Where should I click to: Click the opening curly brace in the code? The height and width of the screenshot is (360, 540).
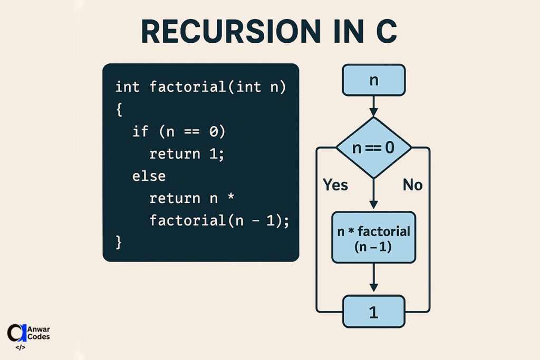[x=119, y=109]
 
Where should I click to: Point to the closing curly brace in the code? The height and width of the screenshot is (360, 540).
[x=119, y=242]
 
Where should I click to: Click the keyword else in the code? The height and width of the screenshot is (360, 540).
[x=149, y=176]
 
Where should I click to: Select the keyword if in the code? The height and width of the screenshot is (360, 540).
[x=140, y=131]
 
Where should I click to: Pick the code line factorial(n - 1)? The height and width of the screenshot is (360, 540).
[x=219, y=220]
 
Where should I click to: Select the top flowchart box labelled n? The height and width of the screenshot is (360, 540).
[x=373, y=80]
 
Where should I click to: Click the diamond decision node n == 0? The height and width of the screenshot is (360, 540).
[x=373, y=148]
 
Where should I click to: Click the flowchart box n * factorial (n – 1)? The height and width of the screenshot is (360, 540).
[x=373, y=237]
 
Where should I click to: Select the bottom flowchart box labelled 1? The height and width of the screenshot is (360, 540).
[x=373, y=312]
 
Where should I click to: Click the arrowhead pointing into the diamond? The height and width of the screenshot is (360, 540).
[x=373, y=112]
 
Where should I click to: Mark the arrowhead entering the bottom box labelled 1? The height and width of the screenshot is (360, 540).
[x=373, y=287]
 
